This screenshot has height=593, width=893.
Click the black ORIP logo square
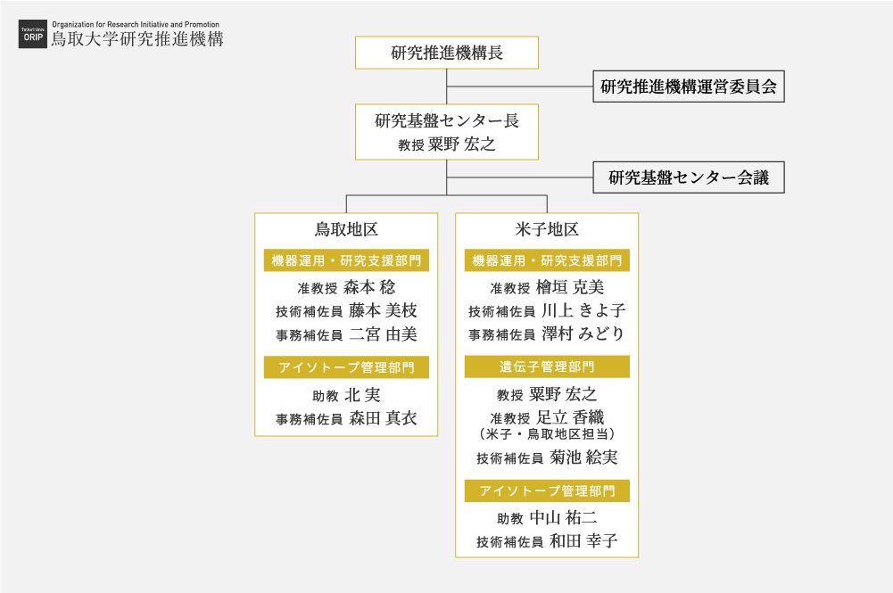[x=32, y=34]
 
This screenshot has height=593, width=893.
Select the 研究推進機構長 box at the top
[x=446, y=53]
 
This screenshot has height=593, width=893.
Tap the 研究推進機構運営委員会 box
[x=689, y=86]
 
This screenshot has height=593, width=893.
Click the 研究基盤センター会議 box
[x=689, y=177]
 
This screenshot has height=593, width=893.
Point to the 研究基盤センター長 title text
[x=446, y=120]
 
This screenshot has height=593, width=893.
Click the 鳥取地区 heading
[x=346, y=229]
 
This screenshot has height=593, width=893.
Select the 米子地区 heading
[x=547, y=229]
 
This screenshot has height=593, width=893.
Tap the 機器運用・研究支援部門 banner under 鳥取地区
[x=346, y=260]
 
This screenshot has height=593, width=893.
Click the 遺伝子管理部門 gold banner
[x=547, y=367]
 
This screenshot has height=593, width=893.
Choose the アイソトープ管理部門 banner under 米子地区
[x=547, y=490]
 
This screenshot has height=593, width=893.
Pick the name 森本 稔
[x=369, y=287]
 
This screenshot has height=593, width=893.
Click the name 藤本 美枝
[x=383, y=310]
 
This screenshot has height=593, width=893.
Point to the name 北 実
[x=362, y=394]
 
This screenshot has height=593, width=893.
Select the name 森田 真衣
[x=383, y=418]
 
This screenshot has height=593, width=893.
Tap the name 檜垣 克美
[x=570, y=287]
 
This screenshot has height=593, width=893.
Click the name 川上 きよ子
[x=583, y=310]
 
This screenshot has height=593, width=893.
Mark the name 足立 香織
[x=570, y=417]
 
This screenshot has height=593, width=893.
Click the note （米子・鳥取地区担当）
[x=547, y=434]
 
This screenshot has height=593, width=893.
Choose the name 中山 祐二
[x=563, y=517]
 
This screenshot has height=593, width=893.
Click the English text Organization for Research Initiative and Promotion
[x=136, y=24]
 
